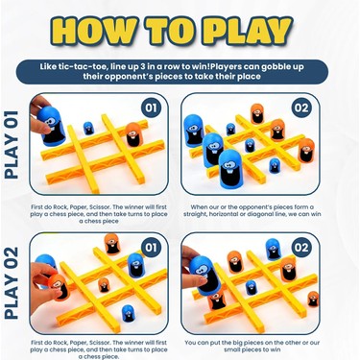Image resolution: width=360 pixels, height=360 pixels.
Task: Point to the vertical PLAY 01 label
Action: (x=12, y=145)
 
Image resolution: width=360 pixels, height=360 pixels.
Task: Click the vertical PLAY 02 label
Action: (x=12, y=283)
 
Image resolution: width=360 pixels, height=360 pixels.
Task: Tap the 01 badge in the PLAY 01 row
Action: (x=151, y=108)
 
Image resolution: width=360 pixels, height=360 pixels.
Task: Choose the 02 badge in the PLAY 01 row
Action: (x=301, y=108)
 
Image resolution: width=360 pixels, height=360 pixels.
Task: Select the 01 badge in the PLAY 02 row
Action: (x=151, y=248)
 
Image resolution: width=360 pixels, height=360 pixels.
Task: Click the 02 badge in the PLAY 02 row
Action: (x=301, y=248)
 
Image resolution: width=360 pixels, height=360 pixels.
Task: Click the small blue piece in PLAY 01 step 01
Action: (x=88, y=128)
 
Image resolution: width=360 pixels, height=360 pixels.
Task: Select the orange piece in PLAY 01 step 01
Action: (x=133, y=134)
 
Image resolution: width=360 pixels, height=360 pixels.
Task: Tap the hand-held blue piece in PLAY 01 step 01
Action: (x=52, y=126)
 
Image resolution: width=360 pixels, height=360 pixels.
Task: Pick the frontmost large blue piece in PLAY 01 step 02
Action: (x=231, y=169)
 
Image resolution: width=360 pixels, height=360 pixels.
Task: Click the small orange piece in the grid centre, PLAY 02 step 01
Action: (x=104, y=285)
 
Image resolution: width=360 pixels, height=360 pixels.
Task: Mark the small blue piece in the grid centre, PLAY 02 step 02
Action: (x=252, y=287)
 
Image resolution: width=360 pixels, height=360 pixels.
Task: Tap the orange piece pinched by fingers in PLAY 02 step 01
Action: (x=59, y=287)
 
